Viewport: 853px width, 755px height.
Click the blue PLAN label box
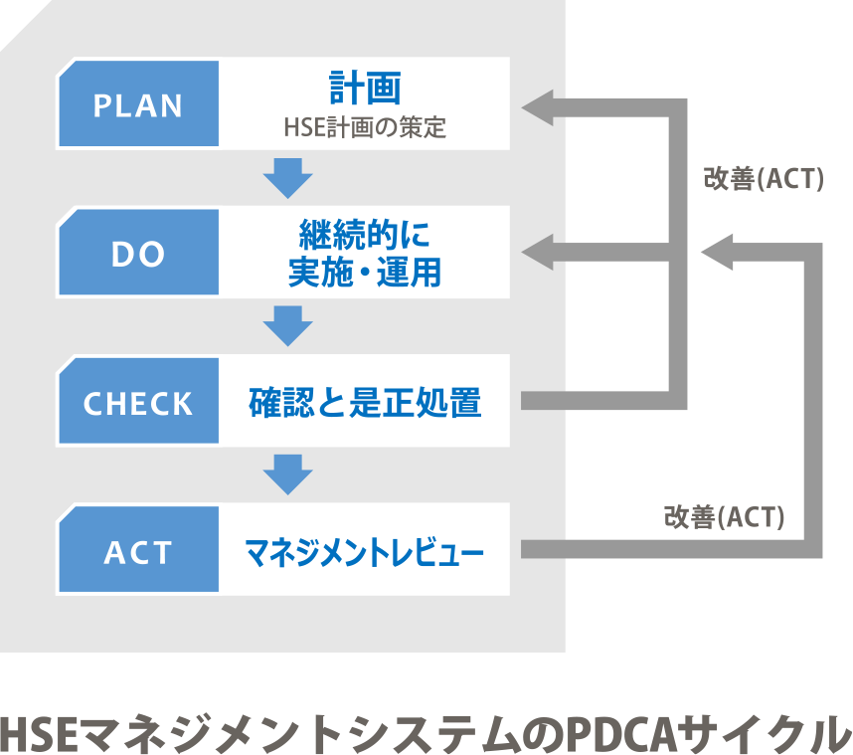[x=138, y=105]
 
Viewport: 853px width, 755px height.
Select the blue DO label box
[x=138, y=254]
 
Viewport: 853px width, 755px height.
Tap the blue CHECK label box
[x=138, y=403]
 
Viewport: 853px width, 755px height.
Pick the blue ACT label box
[x=138, y=551]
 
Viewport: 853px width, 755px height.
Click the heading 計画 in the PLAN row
[x=365, y=89]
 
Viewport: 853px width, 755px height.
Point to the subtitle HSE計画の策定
[x=365, y=127]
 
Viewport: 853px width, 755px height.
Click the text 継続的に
[x=365, y=235]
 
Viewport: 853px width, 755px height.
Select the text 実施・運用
[x=365, y=272]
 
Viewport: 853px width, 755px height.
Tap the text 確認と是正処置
[x=365, y=403]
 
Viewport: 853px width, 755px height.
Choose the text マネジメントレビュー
[x=365, y=551]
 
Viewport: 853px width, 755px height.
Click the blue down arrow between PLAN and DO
[x=288, y=179]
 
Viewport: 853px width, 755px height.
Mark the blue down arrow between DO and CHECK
[x=288, y=327]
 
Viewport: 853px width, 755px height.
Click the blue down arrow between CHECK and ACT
[x=288, y=475]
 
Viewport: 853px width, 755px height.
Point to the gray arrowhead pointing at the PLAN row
[x=539, y=105]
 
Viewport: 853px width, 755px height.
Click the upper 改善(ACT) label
[x=764, y=182]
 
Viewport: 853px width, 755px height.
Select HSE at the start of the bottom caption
[x=38, y=732]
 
